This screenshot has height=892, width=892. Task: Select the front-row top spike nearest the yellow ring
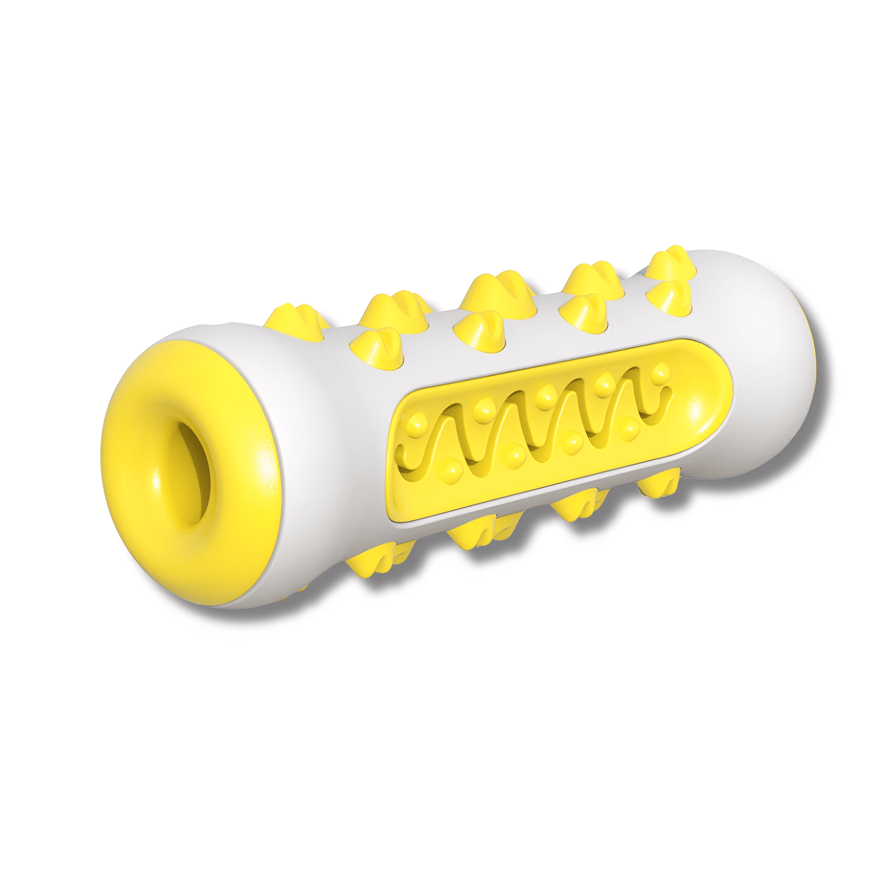(374, 343)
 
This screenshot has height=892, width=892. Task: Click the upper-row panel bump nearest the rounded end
(661, 372)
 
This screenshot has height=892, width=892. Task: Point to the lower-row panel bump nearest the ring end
(454, 473)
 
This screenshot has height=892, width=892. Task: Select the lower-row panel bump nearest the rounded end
(629, 425)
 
